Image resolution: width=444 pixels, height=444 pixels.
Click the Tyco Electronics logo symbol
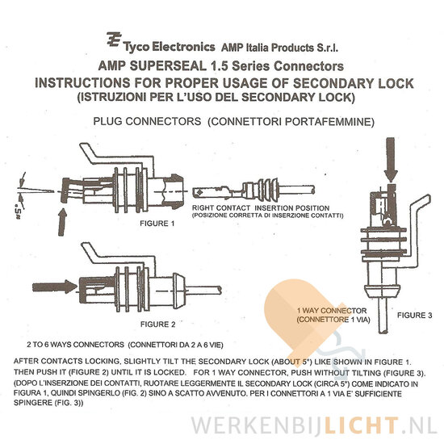[x=114, y=40]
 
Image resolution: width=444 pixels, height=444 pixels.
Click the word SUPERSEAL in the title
[x=168, y=66]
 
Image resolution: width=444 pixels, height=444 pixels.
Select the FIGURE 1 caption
[x=157, y=224]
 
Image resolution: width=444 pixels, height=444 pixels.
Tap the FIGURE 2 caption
[x=158, y=325]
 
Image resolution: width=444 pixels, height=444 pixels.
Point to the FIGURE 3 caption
[x=415, y=315]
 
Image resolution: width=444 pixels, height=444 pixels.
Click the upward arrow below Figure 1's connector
[x=63, y=222]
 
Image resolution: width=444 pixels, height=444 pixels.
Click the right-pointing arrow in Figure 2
[x=55, y=287]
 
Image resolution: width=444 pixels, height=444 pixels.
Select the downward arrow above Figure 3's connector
[x=391, y=160]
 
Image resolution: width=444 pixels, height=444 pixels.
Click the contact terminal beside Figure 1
[x=253, y=189]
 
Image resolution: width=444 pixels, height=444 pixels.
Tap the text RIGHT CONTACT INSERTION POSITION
[x=261, y=207]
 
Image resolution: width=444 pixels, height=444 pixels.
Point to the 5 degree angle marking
[x=19, y=212]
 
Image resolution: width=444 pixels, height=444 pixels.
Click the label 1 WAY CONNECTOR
[x=332, y=311]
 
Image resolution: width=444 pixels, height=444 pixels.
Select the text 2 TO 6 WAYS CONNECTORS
[x=76, y=345]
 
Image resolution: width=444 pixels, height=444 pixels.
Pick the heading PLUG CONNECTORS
[x=147, y=121]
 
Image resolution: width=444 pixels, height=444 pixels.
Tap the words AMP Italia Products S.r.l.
[x=279, y=48]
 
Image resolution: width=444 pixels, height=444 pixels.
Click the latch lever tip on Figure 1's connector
[x=86, y=148]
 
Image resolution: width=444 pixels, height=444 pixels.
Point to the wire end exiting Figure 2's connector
[x=219, y=290]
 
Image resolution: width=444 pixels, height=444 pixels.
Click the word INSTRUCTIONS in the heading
[x=82, y=83]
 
